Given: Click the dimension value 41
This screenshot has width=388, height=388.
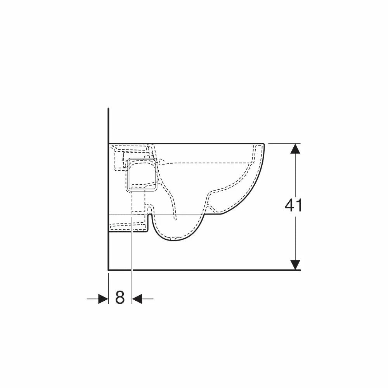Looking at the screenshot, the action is (x=293, y=205).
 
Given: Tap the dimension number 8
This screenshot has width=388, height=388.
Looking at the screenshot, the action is (x=120, y=298).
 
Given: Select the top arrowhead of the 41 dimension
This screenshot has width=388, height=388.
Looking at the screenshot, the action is (x=295, y=149).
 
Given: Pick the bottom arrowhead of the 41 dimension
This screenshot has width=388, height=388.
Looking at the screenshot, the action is (x=295, y=265).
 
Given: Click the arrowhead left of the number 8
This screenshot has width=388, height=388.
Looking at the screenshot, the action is (x=103, y=299).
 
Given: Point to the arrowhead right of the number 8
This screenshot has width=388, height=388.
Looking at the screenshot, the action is (x=137, y=299).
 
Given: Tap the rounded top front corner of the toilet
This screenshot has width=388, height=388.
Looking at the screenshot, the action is (x=263, y=144).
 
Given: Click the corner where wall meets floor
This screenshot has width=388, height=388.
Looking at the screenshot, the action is (x=109, y=270).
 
